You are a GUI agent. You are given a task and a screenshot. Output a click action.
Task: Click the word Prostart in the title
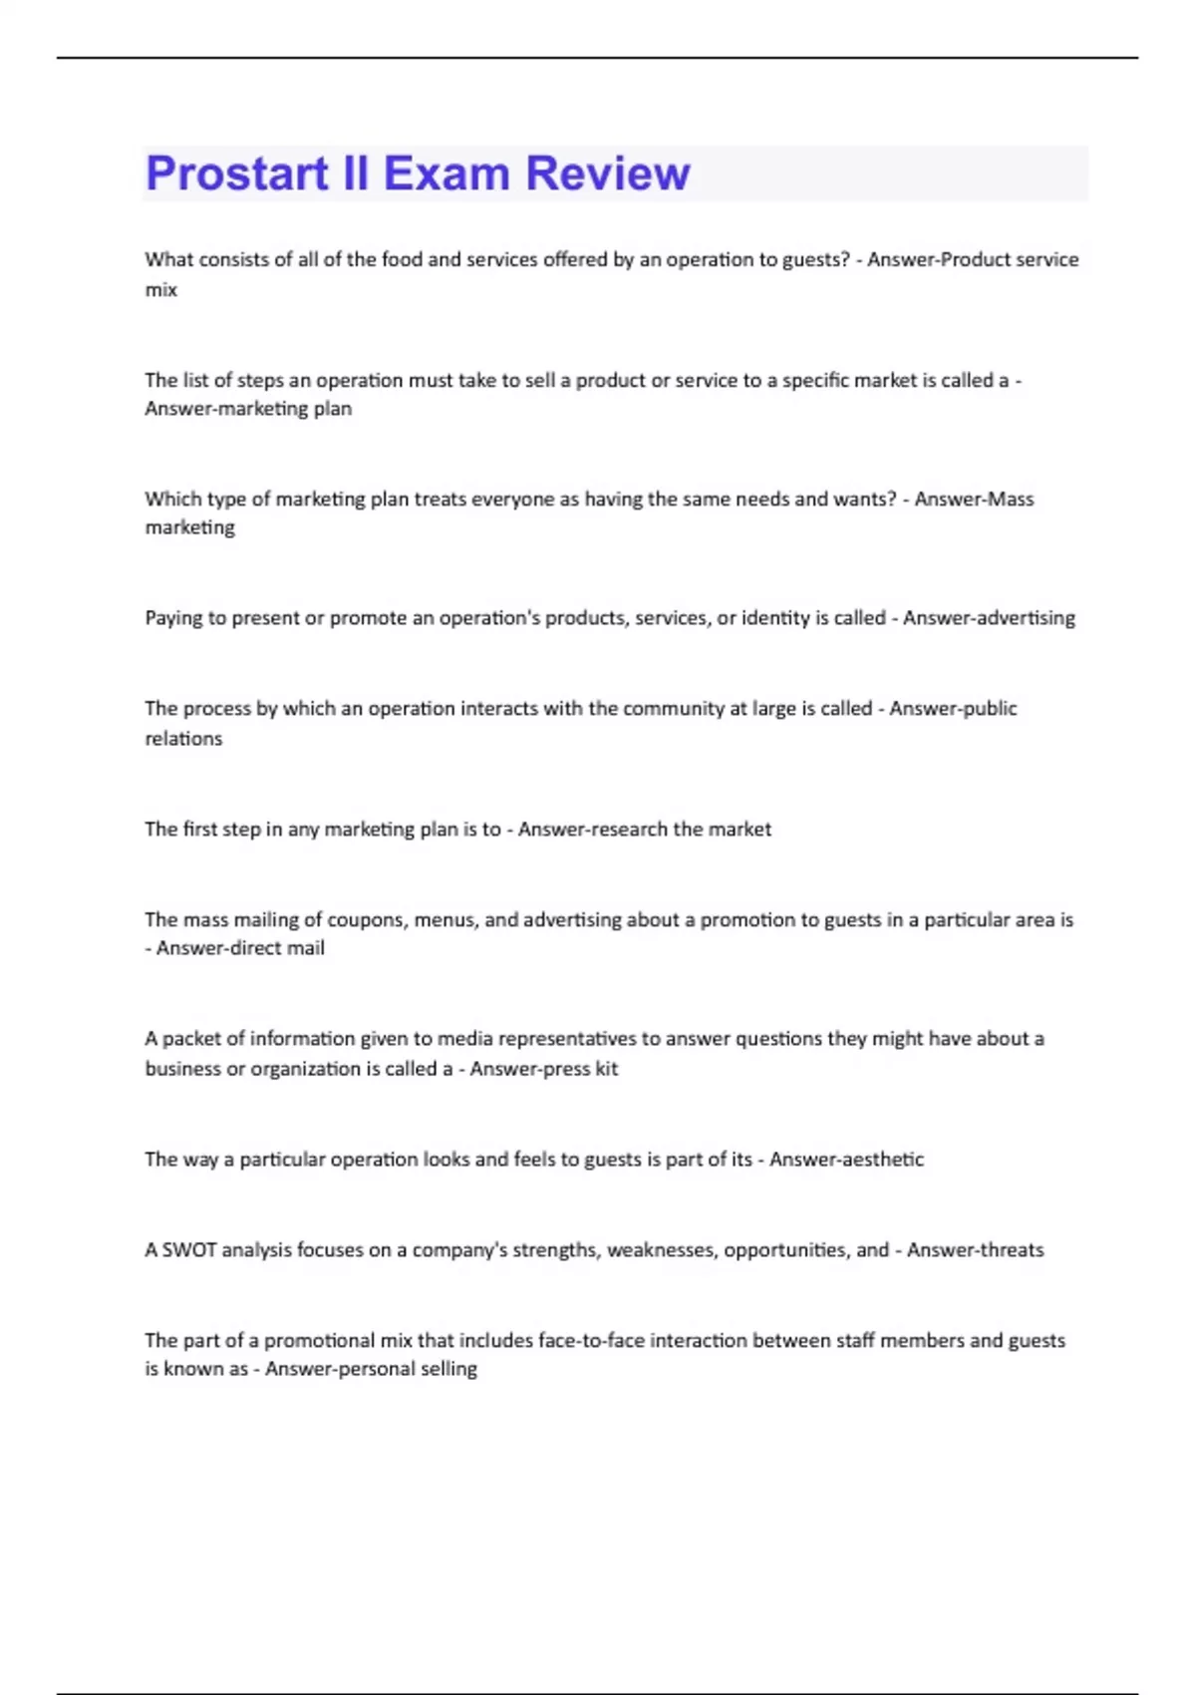pos(237,173)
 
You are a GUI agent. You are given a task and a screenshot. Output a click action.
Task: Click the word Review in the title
pos(607,173)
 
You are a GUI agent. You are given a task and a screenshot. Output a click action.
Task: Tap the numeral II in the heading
pos(355,173)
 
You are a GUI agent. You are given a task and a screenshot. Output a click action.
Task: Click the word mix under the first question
pos(160,290)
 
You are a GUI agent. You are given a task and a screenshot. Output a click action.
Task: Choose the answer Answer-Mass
pos(974,499)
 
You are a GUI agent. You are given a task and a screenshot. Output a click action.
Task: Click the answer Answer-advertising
pos(989,618)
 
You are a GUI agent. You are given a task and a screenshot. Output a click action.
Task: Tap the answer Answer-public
pos(953,708)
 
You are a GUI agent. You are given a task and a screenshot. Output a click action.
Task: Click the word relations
pos(183,739)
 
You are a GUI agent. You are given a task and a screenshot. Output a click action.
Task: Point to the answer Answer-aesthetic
pos(846,1160)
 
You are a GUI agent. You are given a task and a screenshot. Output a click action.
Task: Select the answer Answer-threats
pos(975,1250)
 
